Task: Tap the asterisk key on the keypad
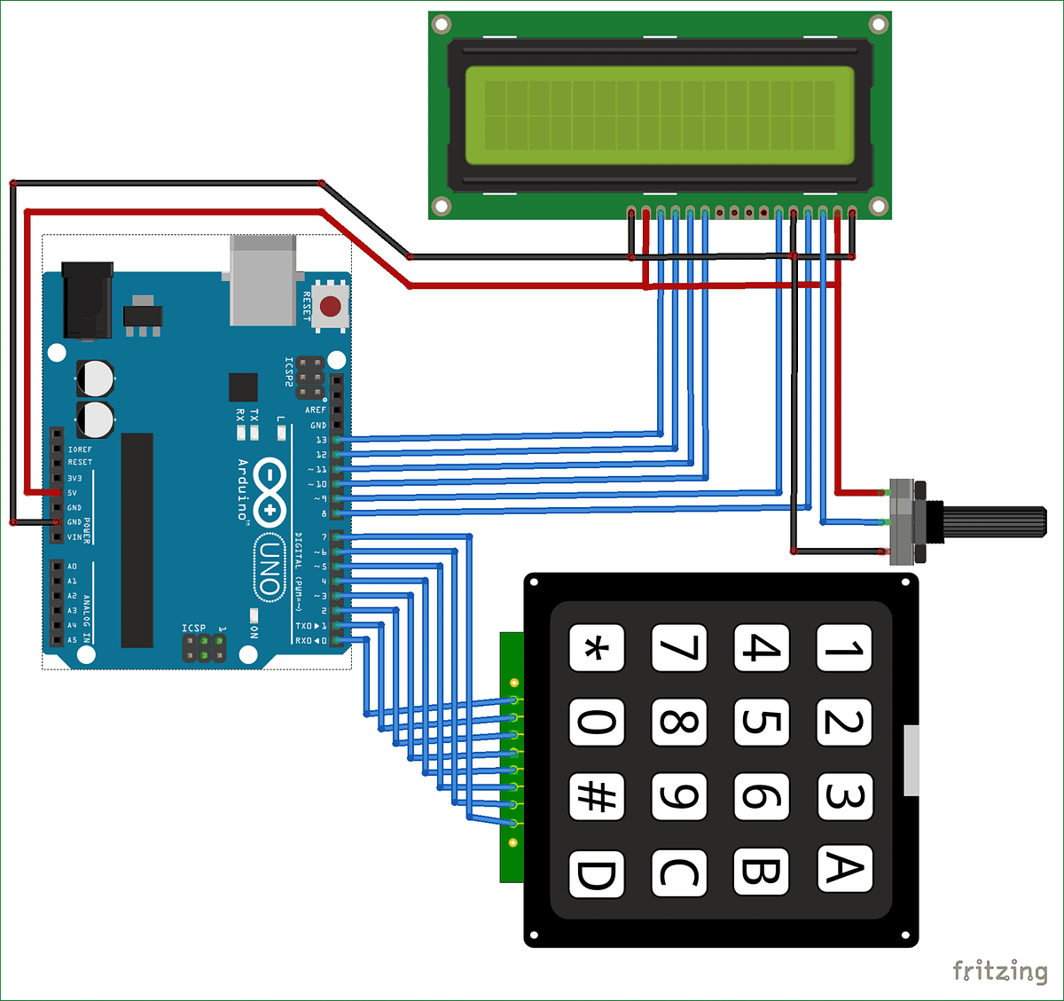(596, 648)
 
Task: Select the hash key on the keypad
(596, 796)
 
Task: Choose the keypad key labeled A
(844, 868)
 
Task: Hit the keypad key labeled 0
(596, 722)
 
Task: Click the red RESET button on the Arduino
(331, 307)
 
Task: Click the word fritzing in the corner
(999, 971)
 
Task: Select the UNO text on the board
(269, 568)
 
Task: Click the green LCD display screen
(659, 115)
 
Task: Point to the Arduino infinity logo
(269, 492)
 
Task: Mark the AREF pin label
(315, 411)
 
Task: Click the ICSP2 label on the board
(289, 372)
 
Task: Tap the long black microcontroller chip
(137, 540)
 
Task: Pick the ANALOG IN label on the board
(87, 619)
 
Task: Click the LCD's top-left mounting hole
(441, 24)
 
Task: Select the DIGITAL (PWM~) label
(299, 572)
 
